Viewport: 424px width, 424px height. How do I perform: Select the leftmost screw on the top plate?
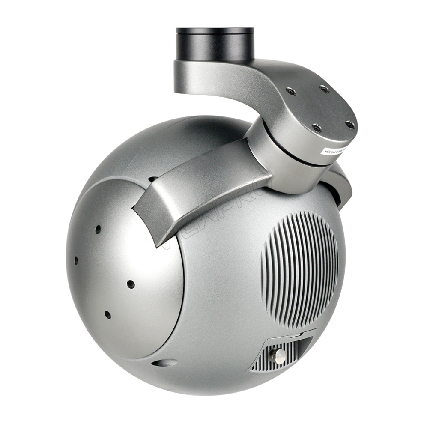pos(291,91)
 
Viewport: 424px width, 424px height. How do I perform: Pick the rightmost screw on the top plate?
pos(350,125)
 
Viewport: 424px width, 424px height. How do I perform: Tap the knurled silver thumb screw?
pos(279,355)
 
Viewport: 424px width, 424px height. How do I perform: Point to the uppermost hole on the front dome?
pos(98,229)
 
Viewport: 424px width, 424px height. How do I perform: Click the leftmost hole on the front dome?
pos(76,260)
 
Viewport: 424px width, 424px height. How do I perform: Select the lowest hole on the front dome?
pos(107,315)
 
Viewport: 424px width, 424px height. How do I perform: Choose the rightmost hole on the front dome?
pos(131,284)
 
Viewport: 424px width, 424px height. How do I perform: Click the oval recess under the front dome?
pos(164,363)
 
